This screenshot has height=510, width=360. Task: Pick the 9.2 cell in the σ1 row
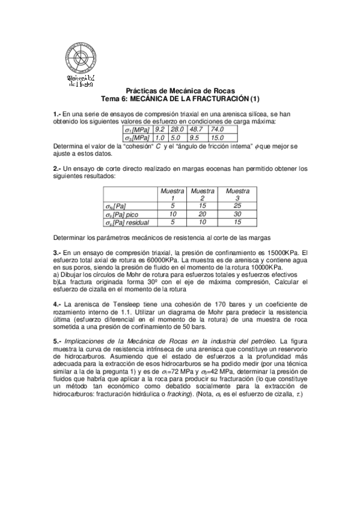pos(160,129)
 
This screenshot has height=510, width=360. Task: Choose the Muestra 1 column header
pos(172,194)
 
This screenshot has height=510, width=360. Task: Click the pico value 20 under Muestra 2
pos(203,214)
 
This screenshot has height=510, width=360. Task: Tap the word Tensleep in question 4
pos(116,304)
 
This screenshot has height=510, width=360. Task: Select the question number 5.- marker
pos(58,341)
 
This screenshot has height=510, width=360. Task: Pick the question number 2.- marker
pos(58,168)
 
